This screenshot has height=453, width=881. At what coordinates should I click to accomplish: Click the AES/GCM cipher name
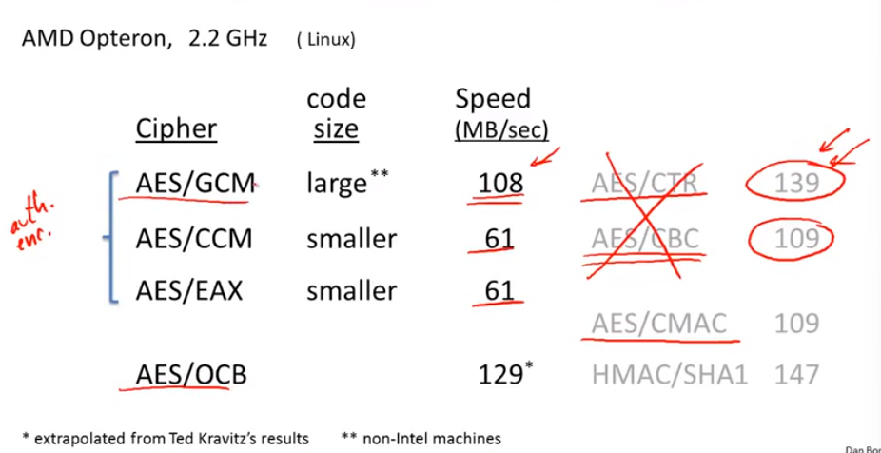(194, 183)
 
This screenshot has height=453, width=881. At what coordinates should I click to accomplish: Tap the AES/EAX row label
(189, 289)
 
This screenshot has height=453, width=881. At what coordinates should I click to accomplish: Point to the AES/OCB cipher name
(191, 374)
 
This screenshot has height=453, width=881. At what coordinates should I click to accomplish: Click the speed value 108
(500, 183)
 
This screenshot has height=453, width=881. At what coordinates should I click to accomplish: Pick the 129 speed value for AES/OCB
(500, 374)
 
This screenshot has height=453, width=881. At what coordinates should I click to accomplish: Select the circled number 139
(796, 183)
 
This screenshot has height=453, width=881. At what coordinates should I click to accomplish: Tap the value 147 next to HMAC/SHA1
(796, 374)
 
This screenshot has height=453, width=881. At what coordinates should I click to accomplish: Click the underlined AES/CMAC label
(658, 324)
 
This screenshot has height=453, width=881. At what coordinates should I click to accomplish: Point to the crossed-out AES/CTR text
(649, 183)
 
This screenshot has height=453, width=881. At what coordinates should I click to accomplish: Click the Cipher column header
(176, 128)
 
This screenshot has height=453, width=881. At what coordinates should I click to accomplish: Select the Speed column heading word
(492, 99)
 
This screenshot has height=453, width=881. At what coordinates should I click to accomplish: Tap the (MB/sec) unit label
(501, 129)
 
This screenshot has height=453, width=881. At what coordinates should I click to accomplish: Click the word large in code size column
(337, 183)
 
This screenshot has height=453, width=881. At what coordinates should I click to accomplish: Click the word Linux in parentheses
(325, 41)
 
